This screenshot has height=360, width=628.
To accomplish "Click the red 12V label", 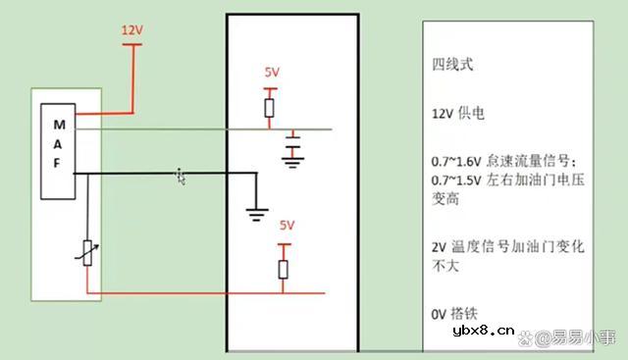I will coord(132,31).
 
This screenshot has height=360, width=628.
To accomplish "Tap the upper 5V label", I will coord(272,74).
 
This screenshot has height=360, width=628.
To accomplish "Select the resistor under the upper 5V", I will coord(270,106).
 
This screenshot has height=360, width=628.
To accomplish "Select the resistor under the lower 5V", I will coord(285,269).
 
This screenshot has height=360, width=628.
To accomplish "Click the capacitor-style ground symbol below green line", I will coord(290,153).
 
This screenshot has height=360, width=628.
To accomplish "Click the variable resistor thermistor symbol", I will coord(88,253).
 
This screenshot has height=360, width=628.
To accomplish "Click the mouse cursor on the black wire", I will coord(181,176).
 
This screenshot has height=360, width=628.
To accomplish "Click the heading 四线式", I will coord(453,65).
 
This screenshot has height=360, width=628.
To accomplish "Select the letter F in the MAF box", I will coord(56,166).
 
